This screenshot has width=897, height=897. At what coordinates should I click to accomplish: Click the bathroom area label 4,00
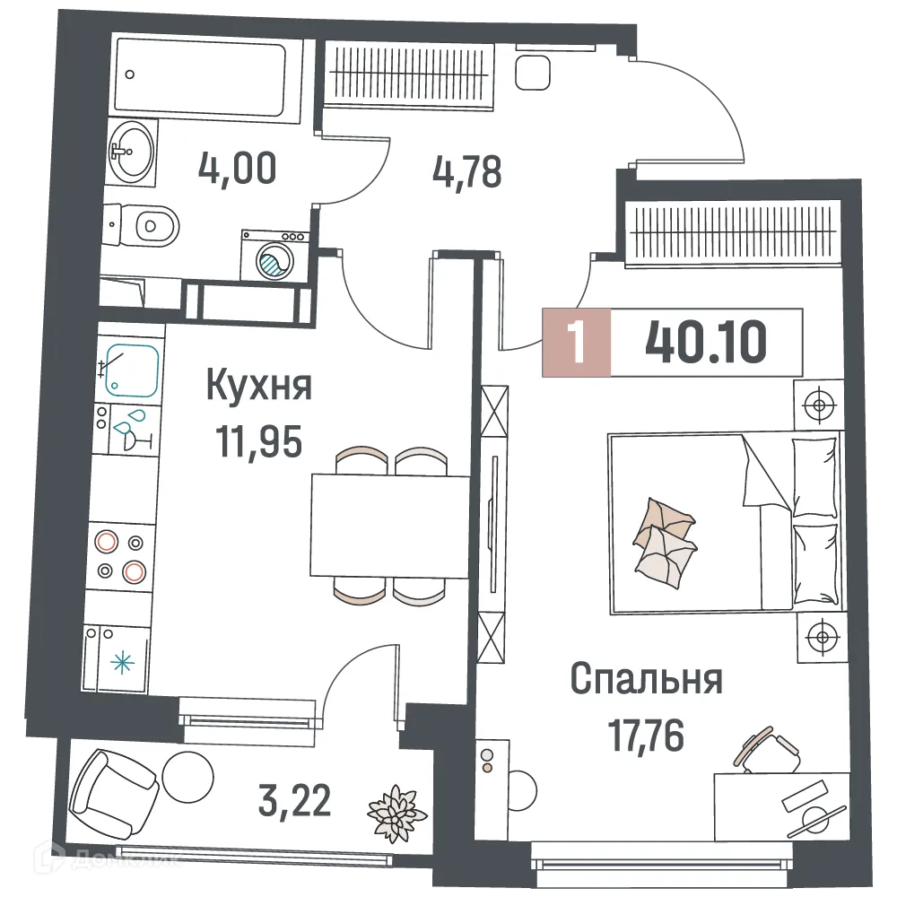[238, 169]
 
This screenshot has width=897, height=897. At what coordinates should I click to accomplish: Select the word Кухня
[259, 388]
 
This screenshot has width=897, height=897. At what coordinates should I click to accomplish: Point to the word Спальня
[647, 680]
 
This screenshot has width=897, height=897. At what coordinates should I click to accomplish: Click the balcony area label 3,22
[296, 799]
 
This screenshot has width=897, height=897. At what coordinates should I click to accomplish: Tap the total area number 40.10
[706, 341]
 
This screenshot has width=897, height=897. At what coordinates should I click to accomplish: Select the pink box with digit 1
[578, 342]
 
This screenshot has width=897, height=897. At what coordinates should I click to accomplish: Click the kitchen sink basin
[133, 370]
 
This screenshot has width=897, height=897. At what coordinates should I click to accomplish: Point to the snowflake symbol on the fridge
[119, 665]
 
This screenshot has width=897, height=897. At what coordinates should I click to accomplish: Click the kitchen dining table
[389, 526]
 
